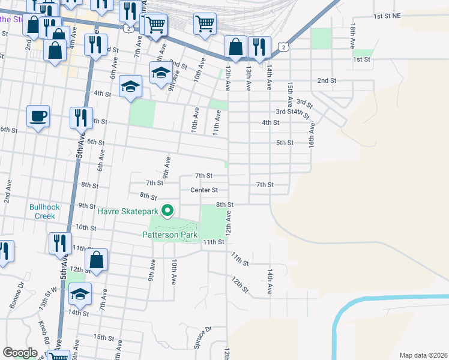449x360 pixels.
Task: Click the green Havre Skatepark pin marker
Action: [168, 211]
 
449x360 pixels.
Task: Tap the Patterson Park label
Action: [170, 235]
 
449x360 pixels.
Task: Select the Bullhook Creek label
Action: [43, 212]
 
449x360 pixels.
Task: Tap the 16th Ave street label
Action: [312, 135]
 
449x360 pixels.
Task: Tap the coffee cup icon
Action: [38, 115]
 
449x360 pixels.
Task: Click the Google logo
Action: [20, 353]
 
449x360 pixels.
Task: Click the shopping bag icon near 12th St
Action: [96, 260]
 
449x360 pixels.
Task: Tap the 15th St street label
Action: [103, 338]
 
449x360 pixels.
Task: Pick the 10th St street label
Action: [86, 228]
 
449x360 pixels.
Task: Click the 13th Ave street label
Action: [249, 78]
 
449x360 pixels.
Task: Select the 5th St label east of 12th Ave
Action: [284, 143]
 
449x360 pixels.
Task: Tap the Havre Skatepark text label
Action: [127, 211]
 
